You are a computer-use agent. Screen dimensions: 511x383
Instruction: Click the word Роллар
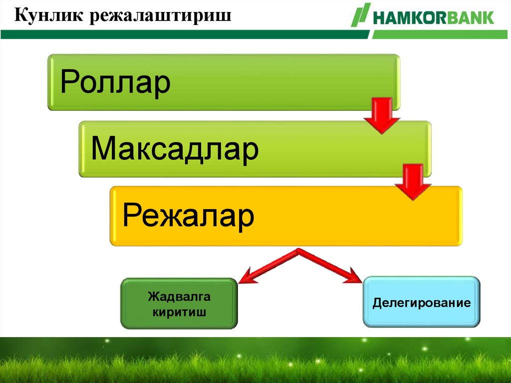115,82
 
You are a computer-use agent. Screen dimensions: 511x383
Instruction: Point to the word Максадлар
175,149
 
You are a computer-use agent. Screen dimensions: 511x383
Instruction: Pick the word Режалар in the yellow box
189,216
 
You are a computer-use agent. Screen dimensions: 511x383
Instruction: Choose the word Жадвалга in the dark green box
179,297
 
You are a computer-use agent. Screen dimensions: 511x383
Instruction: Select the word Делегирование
422,303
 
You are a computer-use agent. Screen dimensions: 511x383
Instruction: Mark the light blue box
422,318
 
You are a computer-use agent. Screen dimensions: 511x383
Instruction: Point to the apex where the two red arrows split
299,251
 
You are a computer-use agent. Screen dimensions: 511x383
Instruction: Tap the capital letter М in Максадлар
102,149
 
